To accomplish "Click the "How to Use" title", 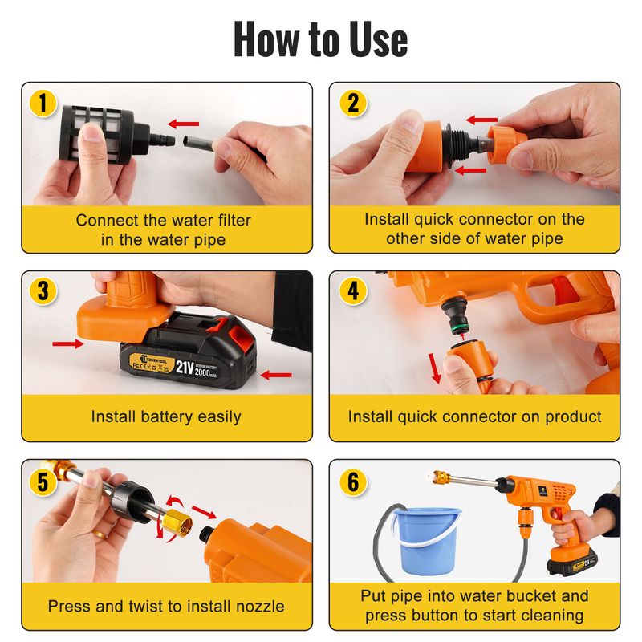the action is pyautogui.click(x=320, y=39).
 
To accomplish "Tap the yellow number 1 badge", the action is pyautogui.click(x=43, y=103).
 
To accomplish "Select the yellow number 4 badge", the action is pyautogui.click(x=352, y=291).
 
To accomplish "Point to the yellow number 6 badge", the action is pyautogui.click(x=353, y=481).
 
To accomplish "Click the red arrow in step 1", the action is pyautogui.click(x=184, y=124).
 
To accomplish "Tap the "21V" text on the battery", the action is pyautogui.click(x=185, y=368).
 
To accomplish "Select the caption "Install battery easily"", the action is pyautogui.click(x=166, y=416).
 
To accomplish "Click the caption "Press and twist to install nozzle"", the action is pyautogui.click(x=166, y=607).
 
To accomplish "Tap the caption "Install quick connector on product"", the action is pyautogui.click(x=474, y=416).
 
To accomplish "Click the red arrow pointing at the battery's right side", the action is pyautogui.click(x=276, y=375).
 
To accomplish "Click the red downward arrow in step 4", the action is pyautogui.click(x=435, y=368).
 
